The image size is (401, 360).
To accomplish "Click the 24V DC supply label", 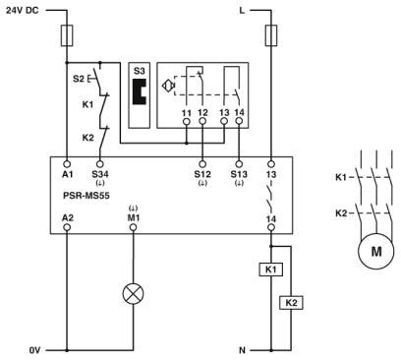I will coord(27,12).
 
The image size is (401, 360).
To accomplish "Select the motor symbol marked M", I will coord(374,252).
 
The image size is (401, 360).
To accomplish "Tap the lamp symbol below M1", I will coord(134,293).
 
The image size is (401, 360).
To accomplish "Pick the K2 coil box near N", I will coord(291,302).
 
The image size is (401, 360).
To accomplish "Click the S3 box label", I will coord(139,73).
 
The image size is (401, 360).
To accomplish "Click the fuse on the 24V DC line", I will coord(66,37).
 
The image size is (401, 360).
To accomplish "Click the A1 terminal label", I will coord(66,173).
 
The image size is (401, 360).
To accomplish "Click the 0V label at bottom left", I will coord(34,347).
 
